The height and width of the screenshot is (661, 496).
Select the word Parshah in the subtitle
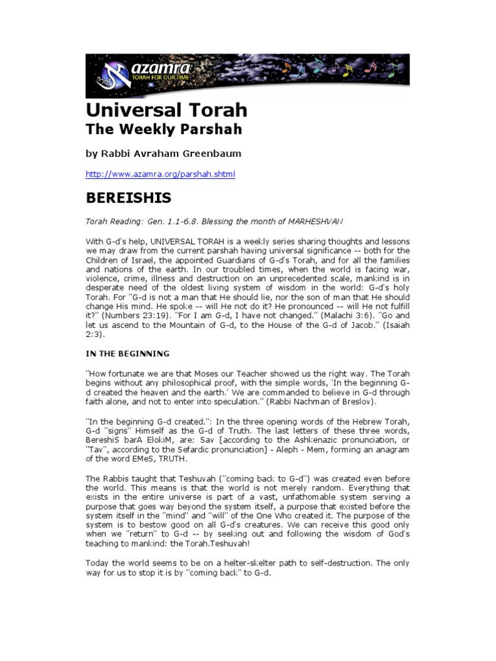(x=211, y=129)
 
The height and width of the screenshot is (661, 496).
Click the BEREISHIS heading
(x=129, y=198)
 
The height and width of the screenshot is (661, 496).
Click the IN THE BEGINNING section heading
(x=128, y=354)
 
